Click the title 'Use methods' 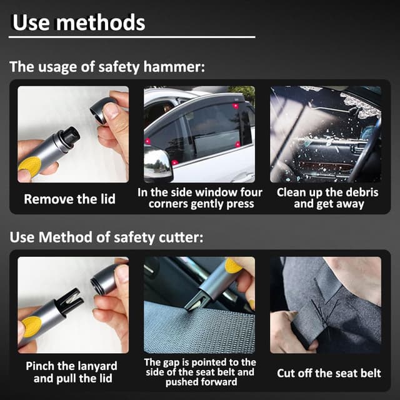pyautogui.click(x=79, y=23)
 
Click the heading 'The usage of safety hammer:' pyautogui.click(x=107, y=67)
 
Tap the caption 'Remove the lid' pyautogui.click(x=69, y=199)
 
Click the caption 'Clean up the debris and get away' pyautogui.click(x=327, y=199)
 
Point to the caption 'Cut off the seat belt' pyautogui.click(x=329, y=373)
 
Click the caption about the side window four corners pyautogui.click(x=200, y=199)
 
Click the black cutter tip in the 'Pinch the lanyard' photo pyautogui.click(x=69, y=299)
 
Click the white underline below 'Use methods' pyautogui.click(x=132, y=37)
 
